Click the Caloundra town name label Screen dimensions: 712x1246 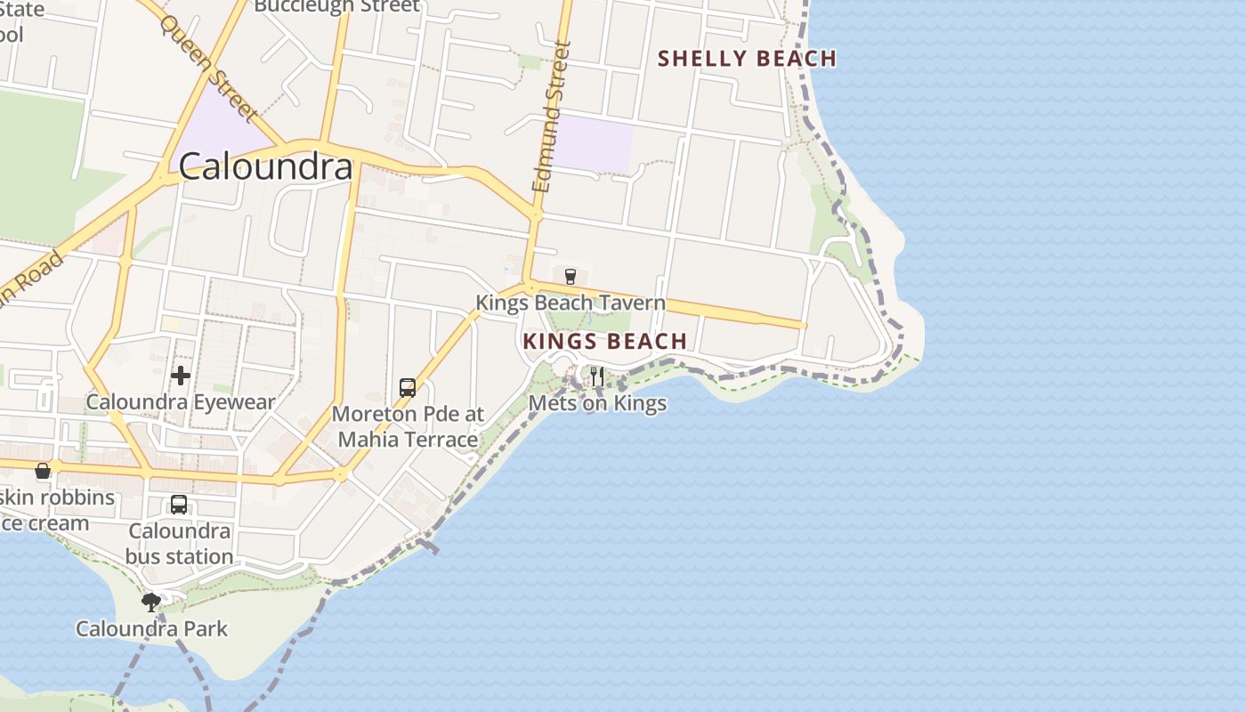click(266, 166)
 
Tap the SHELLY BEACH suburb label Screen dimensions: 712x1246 click(747, 59)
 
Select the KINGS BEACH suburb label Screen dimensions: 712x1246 click(605, 341)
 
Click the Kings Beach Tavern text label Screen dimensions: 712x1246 click(570, 303)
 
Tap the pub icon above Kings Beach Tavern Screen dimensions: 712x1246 click(570, 276)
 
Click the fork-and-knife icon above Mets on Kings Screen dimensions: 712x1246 click(596, 376)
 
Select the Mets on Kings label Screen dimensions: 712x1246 click(597, 403)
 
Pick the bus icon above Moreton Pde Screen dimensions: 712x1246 click(408, 388)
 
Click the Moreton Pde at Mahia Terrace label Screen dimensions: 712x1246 click(408, 426)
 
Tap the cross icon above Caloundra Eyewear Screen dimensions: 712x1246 click(181, 376)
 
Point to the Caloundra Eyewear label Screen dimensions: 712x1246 click(181, 402)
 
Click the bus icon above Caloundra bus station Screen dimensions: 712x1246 click(179, 505)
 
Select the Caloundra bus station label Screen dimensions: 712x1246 click(179, 544)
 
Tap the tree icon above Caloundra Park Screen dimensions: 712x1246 click(151, 603)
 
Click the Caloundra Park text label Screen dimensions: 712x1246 click(151, 628)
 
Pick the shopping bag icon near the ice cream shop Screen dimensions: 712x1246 click(43, 471)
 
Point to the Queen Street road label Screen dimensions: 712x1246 click(209, 67)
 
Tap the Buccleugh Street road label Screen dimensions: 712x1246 click(336, 6)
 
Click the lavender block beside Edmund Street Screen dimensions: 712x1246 click(593, 142)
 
